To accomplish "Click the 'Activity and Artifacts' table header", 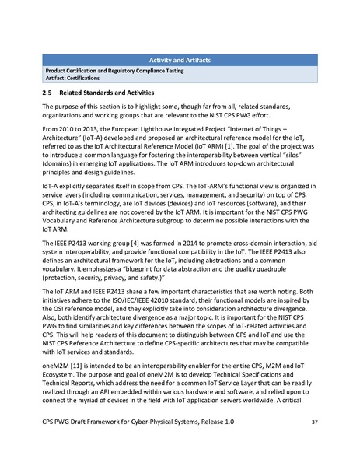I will (180, 60).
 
